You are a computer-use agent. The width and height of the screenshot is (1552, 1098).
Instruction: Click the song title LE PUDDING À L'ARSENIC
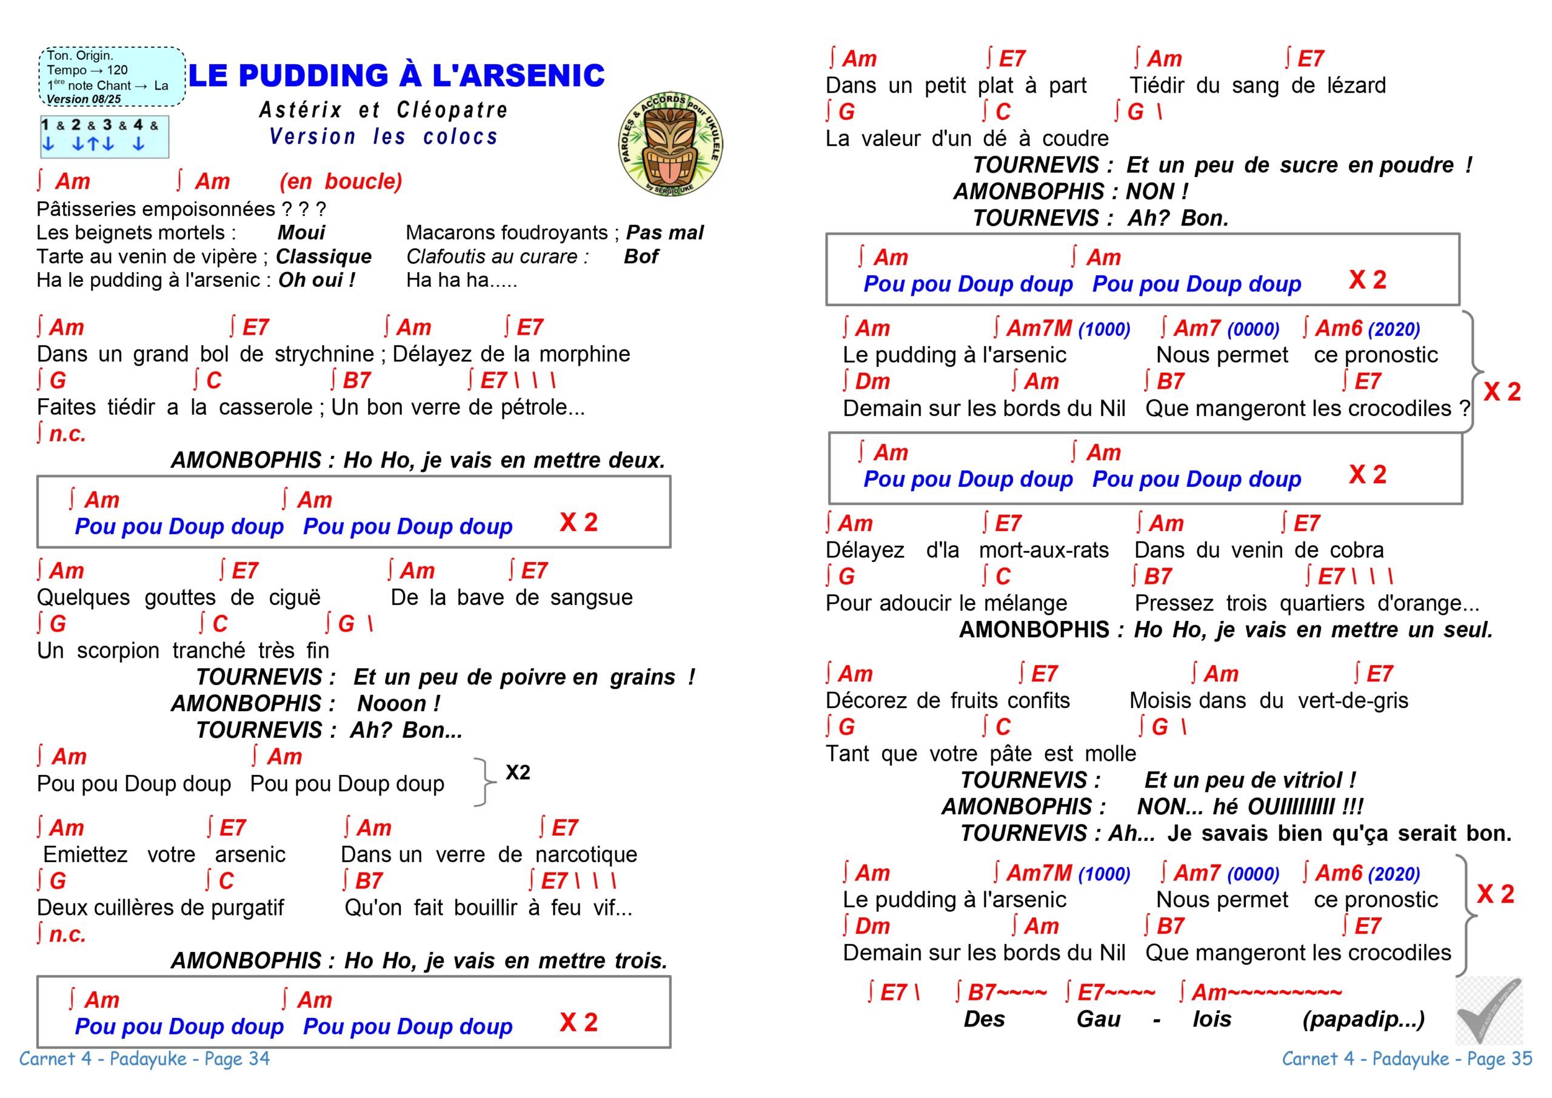(396, 75)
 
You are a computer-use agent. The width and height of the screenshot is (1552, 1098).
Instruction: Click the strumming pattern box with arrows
(104, 136)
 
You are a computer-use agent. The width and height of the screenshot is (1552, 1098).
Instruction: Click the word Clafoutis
(449, 257)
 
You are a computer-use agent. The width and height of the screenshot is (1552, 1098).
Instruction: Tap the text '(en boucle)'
(341, 181)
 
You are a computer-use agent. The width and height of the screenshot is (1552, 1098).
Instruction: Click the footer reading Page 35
(1407, 1059)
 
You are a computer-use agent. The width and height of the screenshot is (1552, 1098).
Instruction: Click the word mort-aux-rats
(1044, 551)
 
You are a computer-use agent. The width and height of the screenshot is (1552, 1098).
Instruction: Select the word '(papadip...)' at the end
(1363, 1020)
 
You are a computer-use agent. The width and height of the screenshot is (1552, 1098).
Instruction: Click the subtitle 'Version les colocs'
(383, 136)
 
